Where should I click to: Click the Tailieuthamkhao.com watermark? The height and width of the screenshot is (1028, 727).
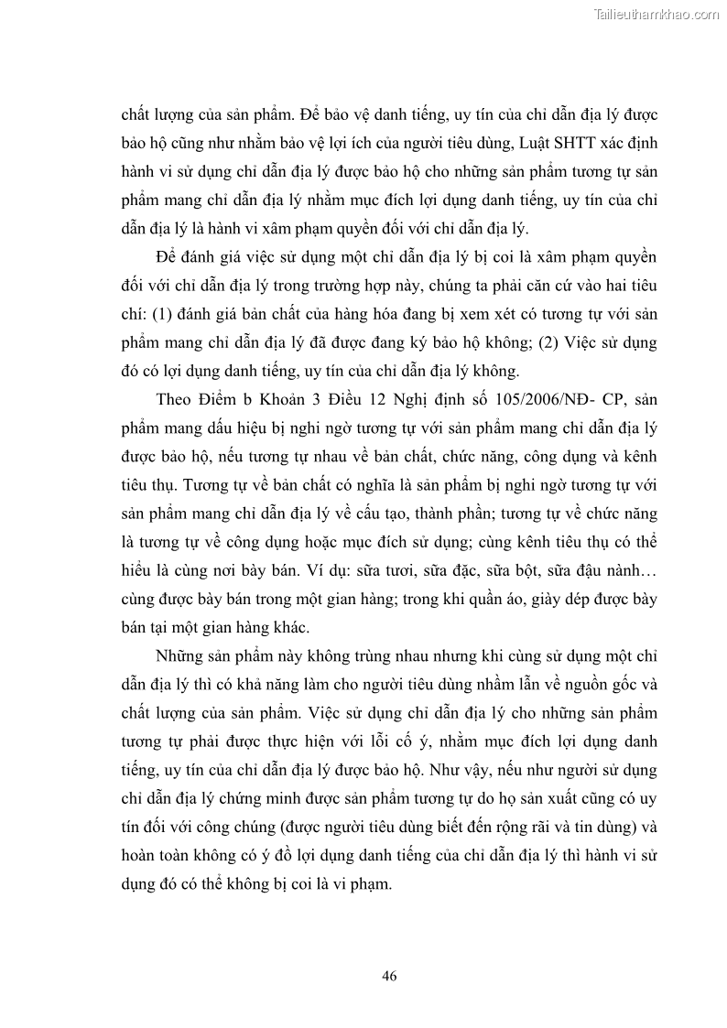[657, 14]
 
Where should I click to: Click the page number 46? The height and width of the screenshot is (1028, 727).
[389, 976]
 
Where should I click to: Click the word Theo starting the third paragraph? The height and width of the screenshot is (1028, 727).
[176, 401]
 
